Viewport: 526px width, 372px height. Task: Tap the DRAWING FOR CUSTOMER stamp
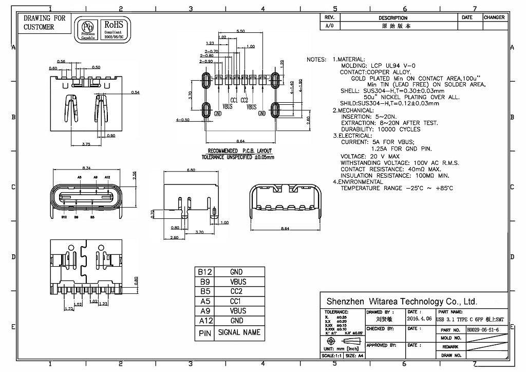pos(45,23)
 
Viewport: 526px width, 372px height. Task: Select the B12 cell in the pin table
pos(205,272)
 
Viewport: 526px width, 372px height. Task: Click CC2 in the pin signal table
pos(237,291)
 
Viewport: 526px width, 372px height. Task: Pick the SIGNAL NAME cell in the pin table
pos(239,332)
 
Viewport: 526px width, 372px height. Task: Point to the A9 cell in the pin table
pos(205,311)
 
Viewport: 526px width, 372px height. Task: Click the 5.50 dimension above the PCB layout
pos(240,31)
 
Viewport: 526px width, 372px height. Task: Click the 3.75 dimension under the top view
pos(86,144)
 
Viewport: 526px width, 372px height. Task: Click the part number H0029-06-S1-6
pos(482,329)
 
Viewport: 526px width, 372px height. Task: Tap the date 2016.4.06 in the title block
pos(419,319)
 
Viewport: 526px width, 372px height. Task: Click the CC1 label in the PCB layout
pos(234,100)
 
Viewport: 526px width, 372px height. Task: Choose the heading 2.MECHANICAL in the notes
pos(353,110)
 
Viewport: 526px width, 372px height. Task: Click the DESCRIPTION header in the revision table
pos(392,17)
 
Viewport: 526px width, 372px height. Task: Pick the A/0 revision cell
pos(329,25)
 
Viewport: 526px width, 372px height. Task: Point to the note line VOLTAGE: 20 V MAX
pos(370,156)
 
